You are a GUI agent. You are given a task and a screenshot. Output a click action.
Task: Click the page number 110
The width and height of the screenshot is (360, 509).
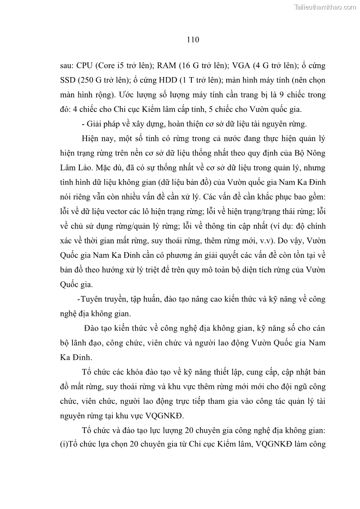pos(193,40)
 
